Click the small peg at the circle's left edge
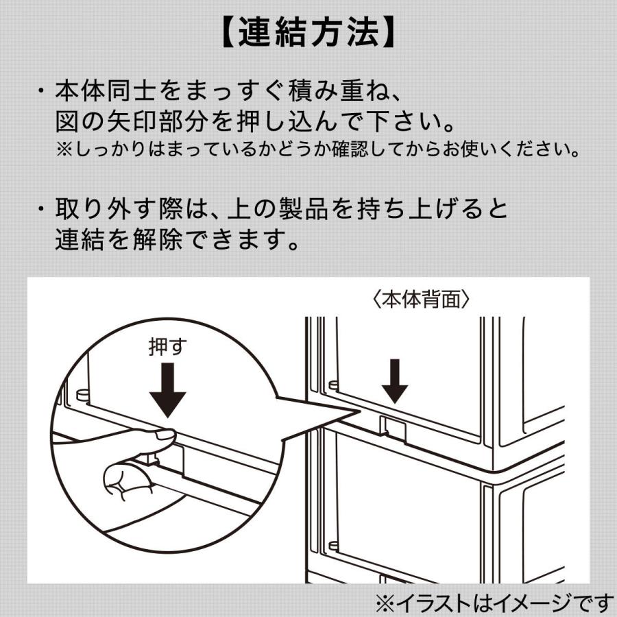(82, 396)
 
